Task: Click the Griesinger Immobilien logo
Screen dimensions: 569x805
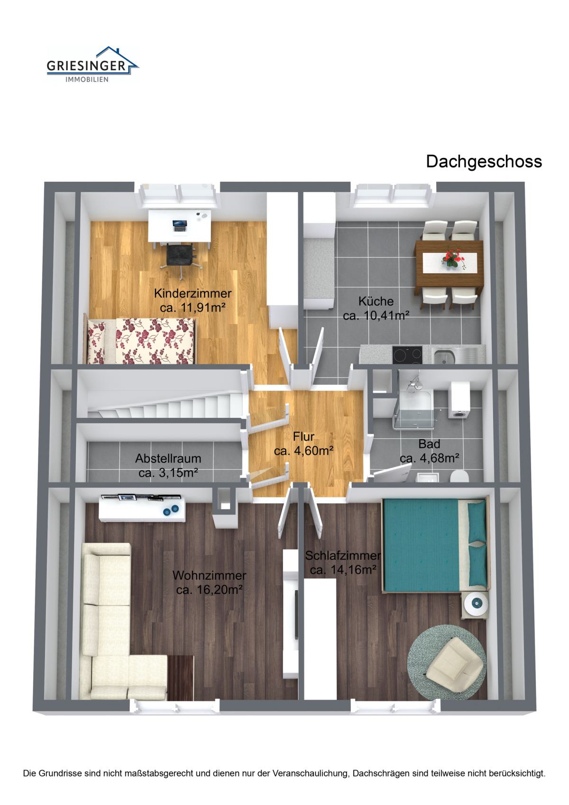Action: tap(92, 65)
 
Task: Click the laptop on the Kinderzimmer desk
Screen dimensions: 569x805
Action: tap(180, 225)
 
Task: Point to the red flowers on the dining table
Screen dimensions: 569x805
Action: tap(453, 258)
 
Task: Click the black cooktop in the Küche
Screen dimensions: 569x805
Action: tap(407, 355)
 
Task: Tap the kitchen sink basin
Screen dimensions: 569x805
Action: tap(445, 357)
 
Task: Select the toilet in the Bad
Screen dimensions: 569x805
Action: tap(460, 476)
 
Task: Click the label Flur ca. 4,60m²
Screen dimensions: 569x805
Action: tap(304, 444)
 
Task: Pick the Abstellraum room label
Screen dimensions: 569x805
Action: tap(168, 465)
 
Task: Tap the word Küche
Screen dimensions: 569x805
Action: tap(376, 301)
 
